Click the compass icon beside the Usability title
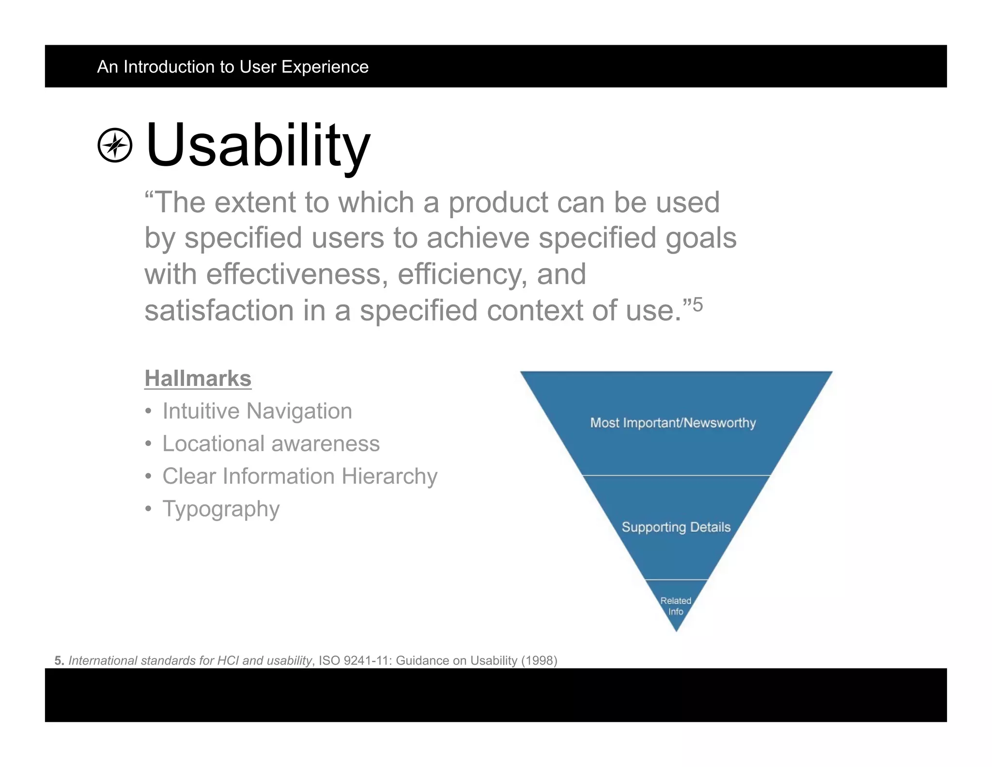[115, 145]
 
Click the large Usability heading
[258, 145]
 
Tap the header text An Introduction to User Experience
[232, 66]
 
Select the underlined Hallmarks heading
[198, 378]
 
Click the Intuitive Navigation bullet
[257, 411]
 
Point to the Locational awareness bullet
[270, 444]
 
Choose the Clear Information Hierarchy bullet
[299, 476]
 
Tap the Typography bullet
[221, 509]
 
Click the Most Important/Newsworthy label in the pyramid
[673, 423]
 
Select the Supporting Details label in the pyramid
[676, 527]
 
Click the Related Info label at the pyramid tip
[676, 606]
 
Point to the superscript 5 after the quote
[697, 305]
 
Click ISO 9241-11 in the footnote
[355, 660]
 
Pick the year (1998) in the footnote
[539, 660]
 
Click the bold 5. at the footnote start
[59, 660]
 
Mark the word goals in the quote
[701, 239]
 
